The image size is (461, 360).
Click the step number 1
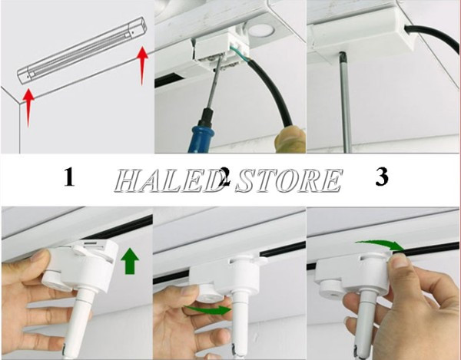pos(69,177)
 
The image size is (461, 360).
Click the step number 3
pos(382,177)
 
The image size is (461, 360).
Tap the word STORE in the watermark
pos(290,180)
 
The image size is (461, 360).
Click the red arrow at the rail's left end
pos(28,108)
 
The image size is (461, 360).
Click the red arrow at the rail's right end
pos(142,65)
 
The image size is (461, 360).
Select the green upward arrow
pos(130,261)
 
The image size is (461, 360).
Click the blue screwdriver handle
pos(203,131)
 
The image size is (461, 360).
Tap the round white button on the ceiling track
pos(260,30)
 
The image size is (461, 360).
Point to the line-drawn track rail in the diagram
pos(82,50)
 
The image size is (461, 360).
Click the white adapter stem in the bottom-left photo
pos(78,321)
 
